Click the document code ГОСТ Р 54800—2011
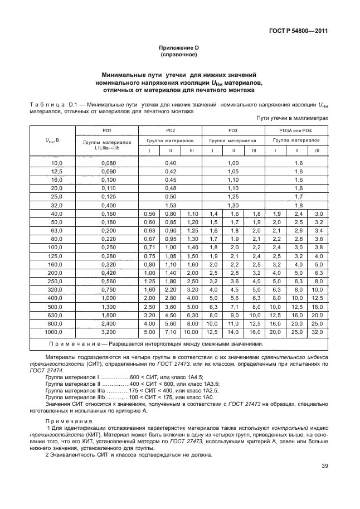[295, 31]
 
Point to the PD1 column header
[107, 130]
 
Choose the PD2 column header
[171, 130]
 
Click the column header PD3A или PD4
[296, 130]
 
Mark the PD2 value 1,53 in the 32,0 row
[171, 205]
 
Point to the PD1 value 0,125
[107, 197]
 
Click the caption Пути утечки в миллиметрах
[292, 118]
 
